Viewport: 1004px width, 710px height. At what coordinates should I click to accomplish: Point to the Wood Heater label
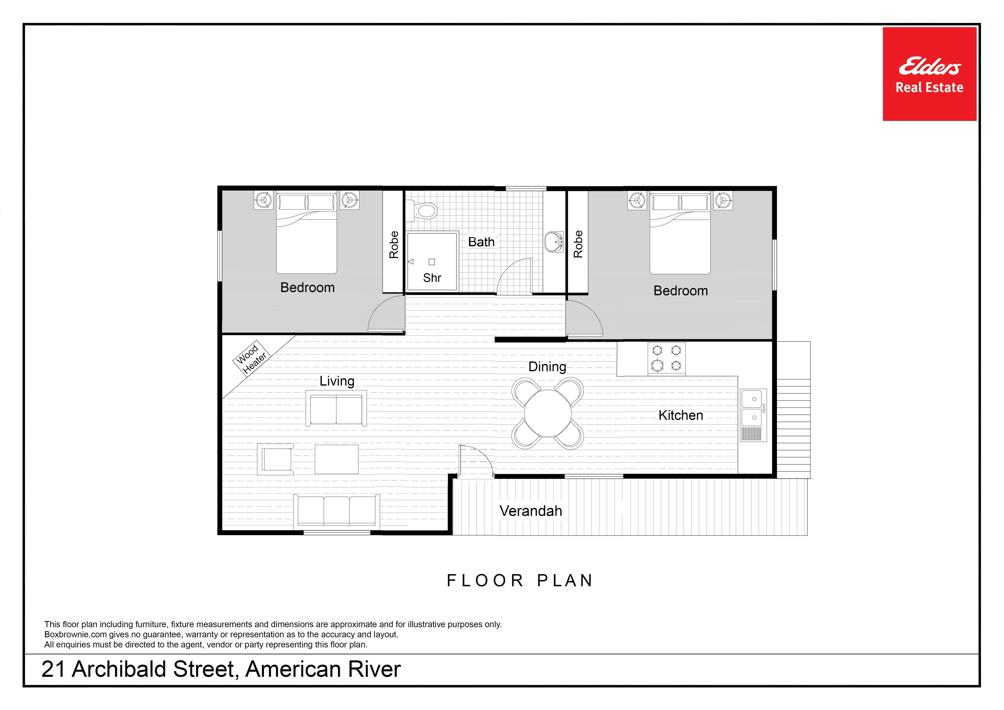pyautogui.click(x=251, y=358)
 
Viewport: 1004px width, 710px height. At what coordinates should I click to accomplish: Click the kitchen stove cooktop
pyautogui.click(x=666, y=358)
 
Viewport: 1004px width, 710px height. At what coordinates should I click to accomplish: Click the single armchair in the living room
pyautogui.click(x=275, y=459)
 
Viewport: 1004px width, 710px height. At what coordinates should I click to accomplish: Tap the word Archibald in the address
pyautogui.click(x=119, y=669)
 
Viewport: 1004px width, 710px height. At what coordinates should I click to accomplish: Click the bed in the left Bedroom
pyautogui.click(x=307, y=232)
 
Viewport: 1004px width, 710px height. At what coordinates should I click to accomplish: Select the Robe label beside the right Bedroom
pyautogui.click(x=578, y=244)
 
